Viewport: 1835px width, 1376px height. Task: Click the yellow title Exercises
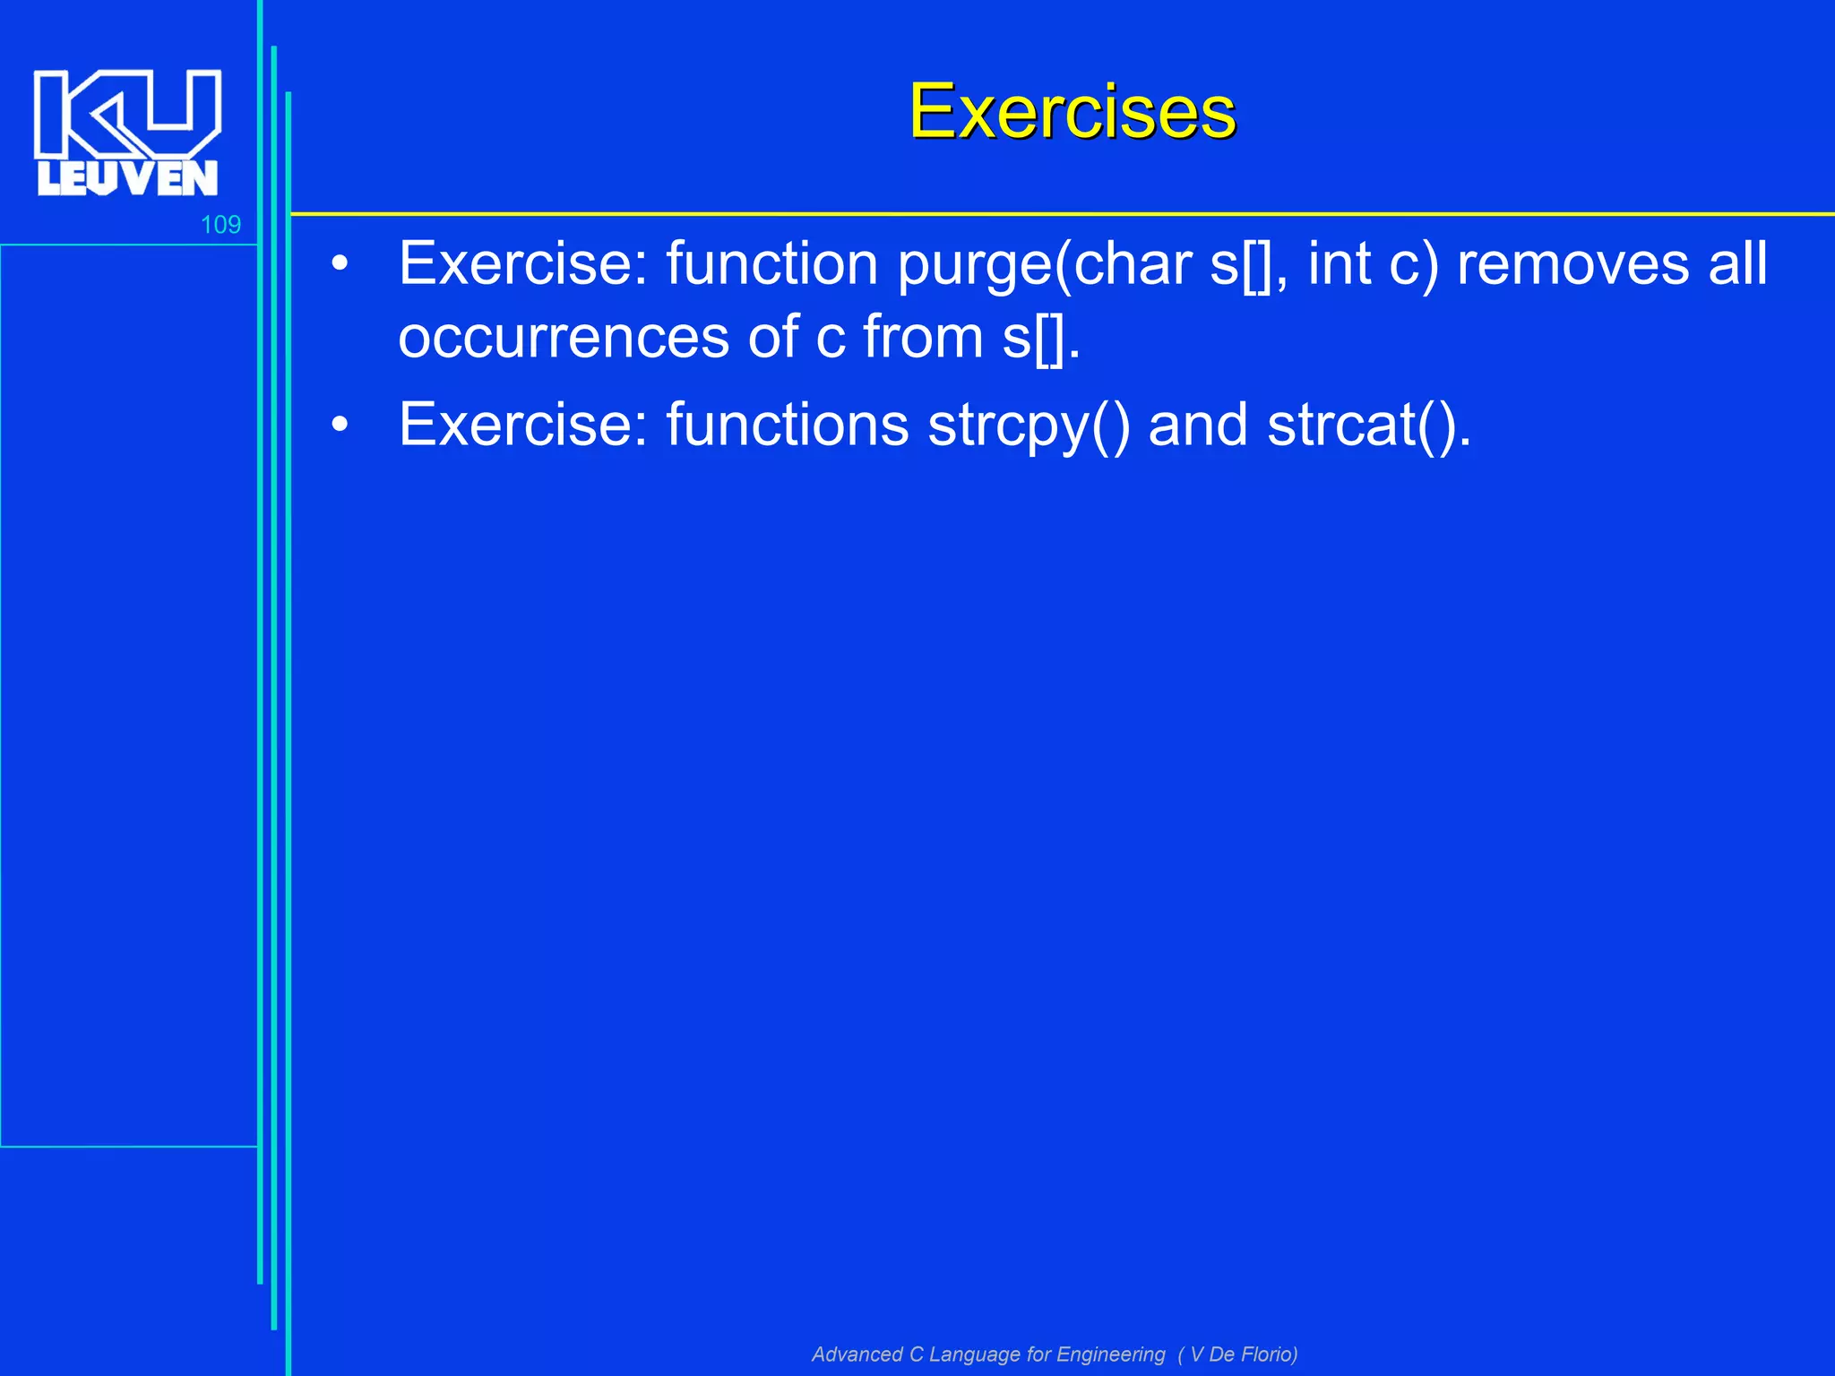click(x=1072, y=112)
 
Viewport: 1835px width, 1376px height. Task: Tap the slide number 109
click(x=220, y=225)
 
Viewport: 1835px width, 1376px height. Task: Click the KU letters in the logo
click(x=127, y=112)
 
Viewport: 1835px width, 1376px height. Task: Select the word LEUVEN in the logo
click(x=127, y=178)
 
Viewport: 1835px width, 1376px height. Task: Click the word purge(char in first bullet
click(x=1043, y=265)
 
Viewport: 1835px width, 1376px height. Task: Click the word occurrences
click(x=564, y=338)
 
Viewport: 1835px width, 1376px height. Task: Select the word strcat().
click(x=1369, y=426)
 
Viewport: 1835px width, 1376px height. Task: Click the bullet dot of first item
click(x=339, y=265)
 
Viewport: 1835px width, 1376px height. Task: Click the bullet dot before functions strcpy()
click(x=339, y=426)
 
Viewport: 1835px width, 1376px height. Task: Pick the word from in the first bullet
click(x=923, y=338)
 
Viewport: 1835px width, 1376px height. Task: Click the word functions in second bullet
click(x=787, y=426)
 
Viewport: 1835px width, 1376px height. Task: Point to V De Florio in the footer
click(x=1242, y=1354)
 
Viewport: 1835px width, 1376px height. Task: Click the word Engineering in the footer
click(x=1111, y=1354)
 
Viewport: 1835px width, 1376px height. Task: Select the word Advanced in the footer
click(x=857, y=1354)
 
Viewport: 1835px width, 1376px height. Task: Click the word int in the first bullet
click(x=1339, y=265)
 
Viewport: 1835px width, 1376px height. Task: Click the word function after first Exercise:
click(x=771, y=265)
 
